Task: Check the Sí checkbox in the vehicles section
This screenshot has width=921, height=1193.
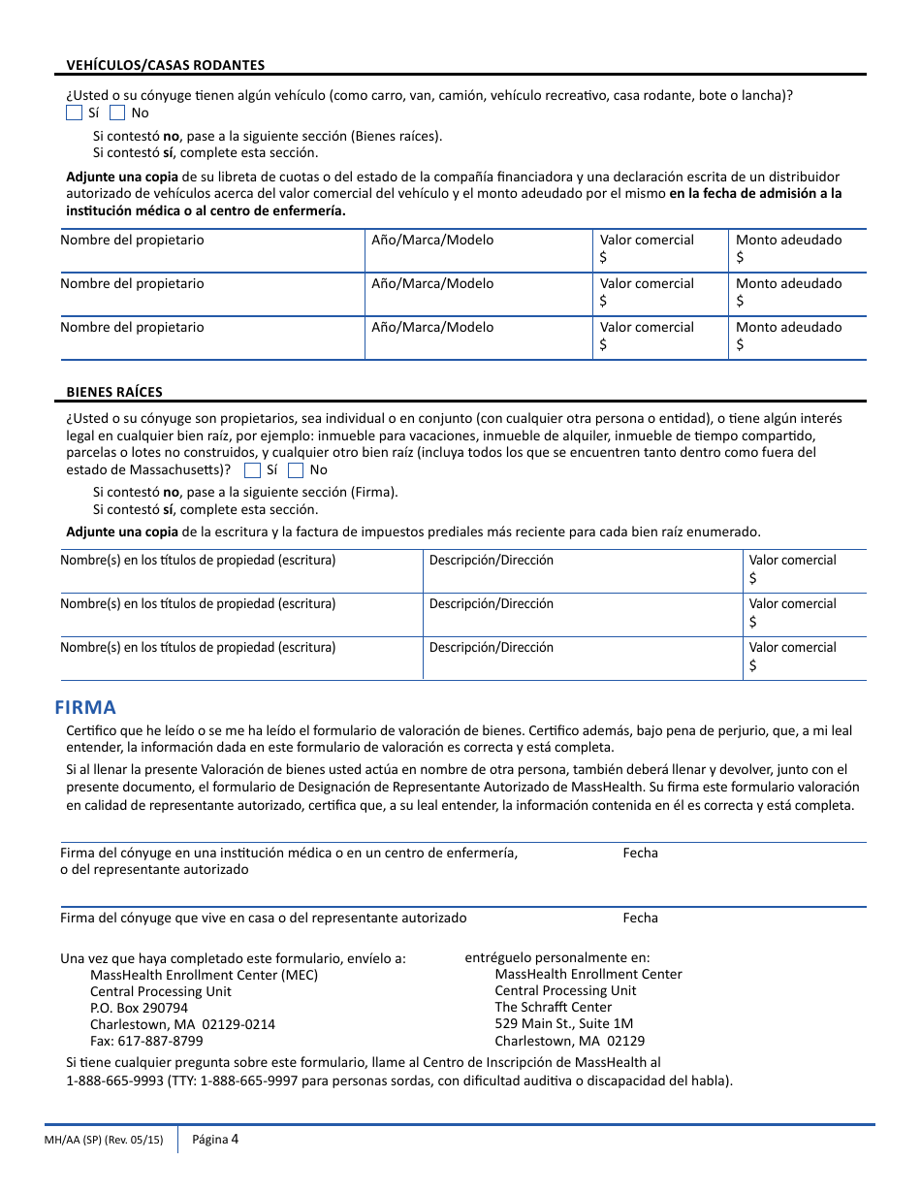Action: (x=74, y=113)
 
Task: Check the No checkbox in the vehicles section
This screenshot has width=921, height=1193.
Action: (x=117, y=113)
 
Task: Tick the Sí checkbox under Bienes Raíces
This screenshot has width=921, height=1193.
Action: (x=252, y=470)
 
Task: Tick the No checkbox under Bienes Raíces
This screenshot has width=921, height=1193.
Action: (x=295, y=470)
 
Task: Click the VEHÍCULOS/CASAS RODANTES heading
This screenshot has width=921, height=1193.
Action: (x=165, y=65)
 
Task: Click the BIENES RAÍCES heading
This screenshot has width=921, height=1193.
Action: (x=114, y=392)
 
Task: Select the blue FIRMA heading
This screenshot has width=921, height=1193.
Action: (x=85, y=707)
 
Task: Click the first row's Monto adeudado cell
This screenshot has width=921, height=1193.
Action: (x=797, y=250)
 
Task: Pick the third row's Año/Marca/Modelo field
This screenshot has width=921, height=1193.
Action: (x=478, y=338)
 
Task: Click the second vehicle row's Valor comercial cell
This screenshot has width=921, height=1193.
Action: (x=659, y=294)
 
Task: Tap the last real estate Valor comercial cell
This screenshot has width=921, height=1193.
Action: (x=805, y=658)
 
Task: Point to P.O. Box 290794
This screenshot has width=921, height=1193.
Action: (x=139, y=1008)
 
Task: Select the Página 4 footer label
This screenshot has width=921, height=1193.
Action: (x=214, y=1139)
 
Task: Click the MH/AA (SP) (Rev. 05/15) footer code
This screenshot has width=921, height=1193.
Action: (x=104, y=1140)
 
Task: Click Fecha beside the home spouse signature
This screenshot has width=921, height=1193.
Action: (x=640, y=918)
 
